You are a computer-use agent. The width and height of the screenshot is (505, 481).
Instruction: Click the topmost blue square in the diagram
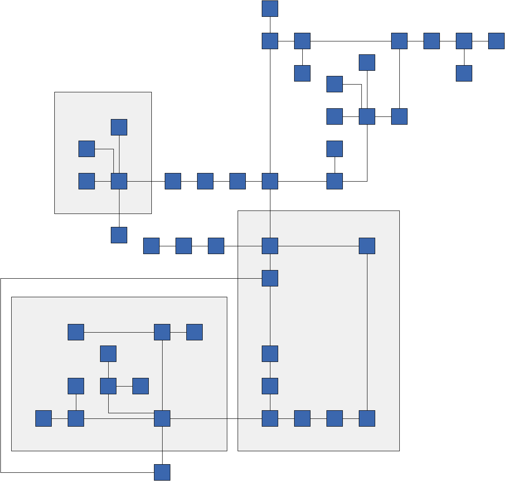pos(270,9)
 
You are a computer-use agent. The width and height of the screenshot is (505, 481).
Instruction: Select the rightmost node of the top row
pos(496,41)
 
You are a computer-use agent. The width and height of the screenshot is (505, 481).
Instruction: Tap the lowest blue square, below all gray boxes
pos(162,472)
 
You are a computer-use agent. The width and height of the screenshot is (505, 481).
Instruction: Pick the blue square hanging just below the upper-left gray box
pos(119,235)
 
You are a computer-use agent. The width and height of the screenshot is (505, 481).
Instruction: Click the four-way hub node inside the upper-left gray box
pos(119,181)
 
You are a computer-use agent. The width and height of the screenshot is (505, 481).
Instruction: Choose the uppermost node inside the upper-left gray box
pos(119,127)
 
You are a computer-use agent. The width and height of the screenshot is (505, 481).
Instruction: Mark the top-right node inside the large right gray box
pos(367,246)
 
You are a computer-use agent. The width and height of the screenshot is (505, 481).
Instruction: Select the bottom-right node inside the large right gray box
pos(367,418)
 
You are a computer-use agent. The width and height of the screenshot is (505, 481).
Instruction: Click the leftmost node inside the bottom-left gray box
pos(44,418)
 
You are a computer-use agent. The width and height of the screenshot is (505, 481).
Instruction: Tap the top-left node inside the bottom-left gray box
pos(76,332)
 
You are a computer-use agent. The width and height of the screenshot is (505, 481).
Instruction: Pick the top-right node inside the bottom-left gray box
pos(194,332)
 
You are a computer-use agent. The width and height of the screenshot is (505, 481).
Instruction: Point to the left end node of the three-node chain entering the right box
pos(151,246)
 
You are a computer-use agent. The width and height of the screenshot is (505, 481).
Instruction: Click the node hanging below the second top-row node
pos(302,73)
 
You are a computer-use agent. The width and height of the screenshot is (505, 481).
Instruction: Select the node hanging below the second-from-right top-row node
pos(464,73)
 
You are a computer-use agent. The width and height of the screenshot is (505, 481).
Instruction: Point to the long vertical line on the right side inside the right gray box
pos(367,332)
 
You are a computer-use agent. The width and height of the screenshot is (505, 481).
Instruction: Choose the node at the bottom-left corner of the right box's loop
pos(270,418)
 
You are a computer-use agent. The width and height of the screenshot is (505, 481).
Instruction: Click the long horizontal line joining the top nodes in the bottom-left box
pos(119,332)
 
